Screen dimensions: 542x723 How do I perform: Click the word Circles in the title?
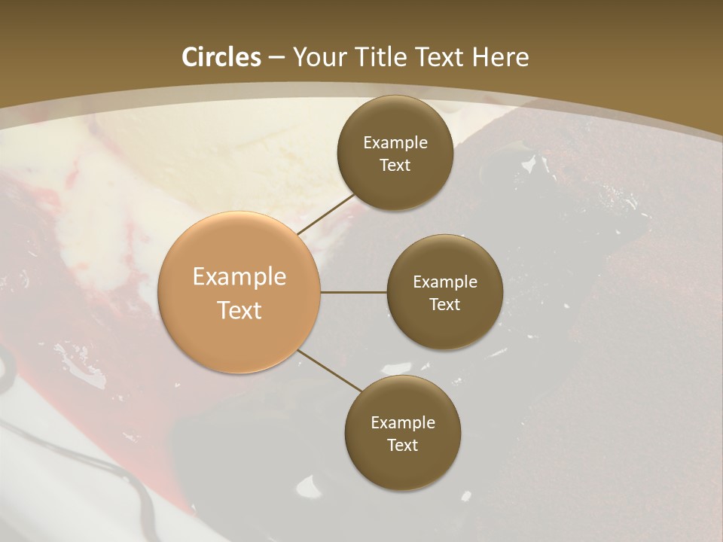pos(221,57)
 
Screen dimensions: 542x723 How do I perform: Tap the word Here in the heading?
pos(499,57)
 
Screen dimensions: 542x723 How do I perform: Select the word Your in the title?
pos(319,57)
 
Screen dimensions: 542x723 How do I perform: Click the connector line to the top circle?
pos(325,215)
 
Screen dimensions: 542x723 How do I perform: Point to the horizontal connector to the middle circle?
pos(354,292)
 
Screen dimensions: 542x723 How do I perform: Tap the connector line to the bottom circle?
pos(329,370)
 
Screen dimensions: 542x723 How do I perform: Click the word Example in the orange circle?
pos(239,277)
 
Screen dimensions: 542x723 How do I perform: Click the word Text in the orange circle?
pos(239,310)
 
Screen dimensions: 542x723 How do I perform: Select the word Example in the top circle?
pos(395,143)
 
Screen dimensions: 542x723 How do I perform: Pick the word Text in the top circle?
pos(395,165)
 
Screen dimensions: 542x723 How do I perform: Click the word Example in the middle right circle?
pos(445,282)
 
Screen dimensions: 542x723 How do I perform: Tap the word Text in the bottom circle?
pos(402,445)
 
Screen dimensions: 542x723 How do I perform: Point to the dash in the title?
pos(276,58)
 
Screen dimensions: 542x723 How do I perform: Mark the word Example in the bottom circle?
pos(403,423)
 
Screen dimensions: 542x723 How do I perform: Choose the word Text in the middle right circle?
pos(444,304)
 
